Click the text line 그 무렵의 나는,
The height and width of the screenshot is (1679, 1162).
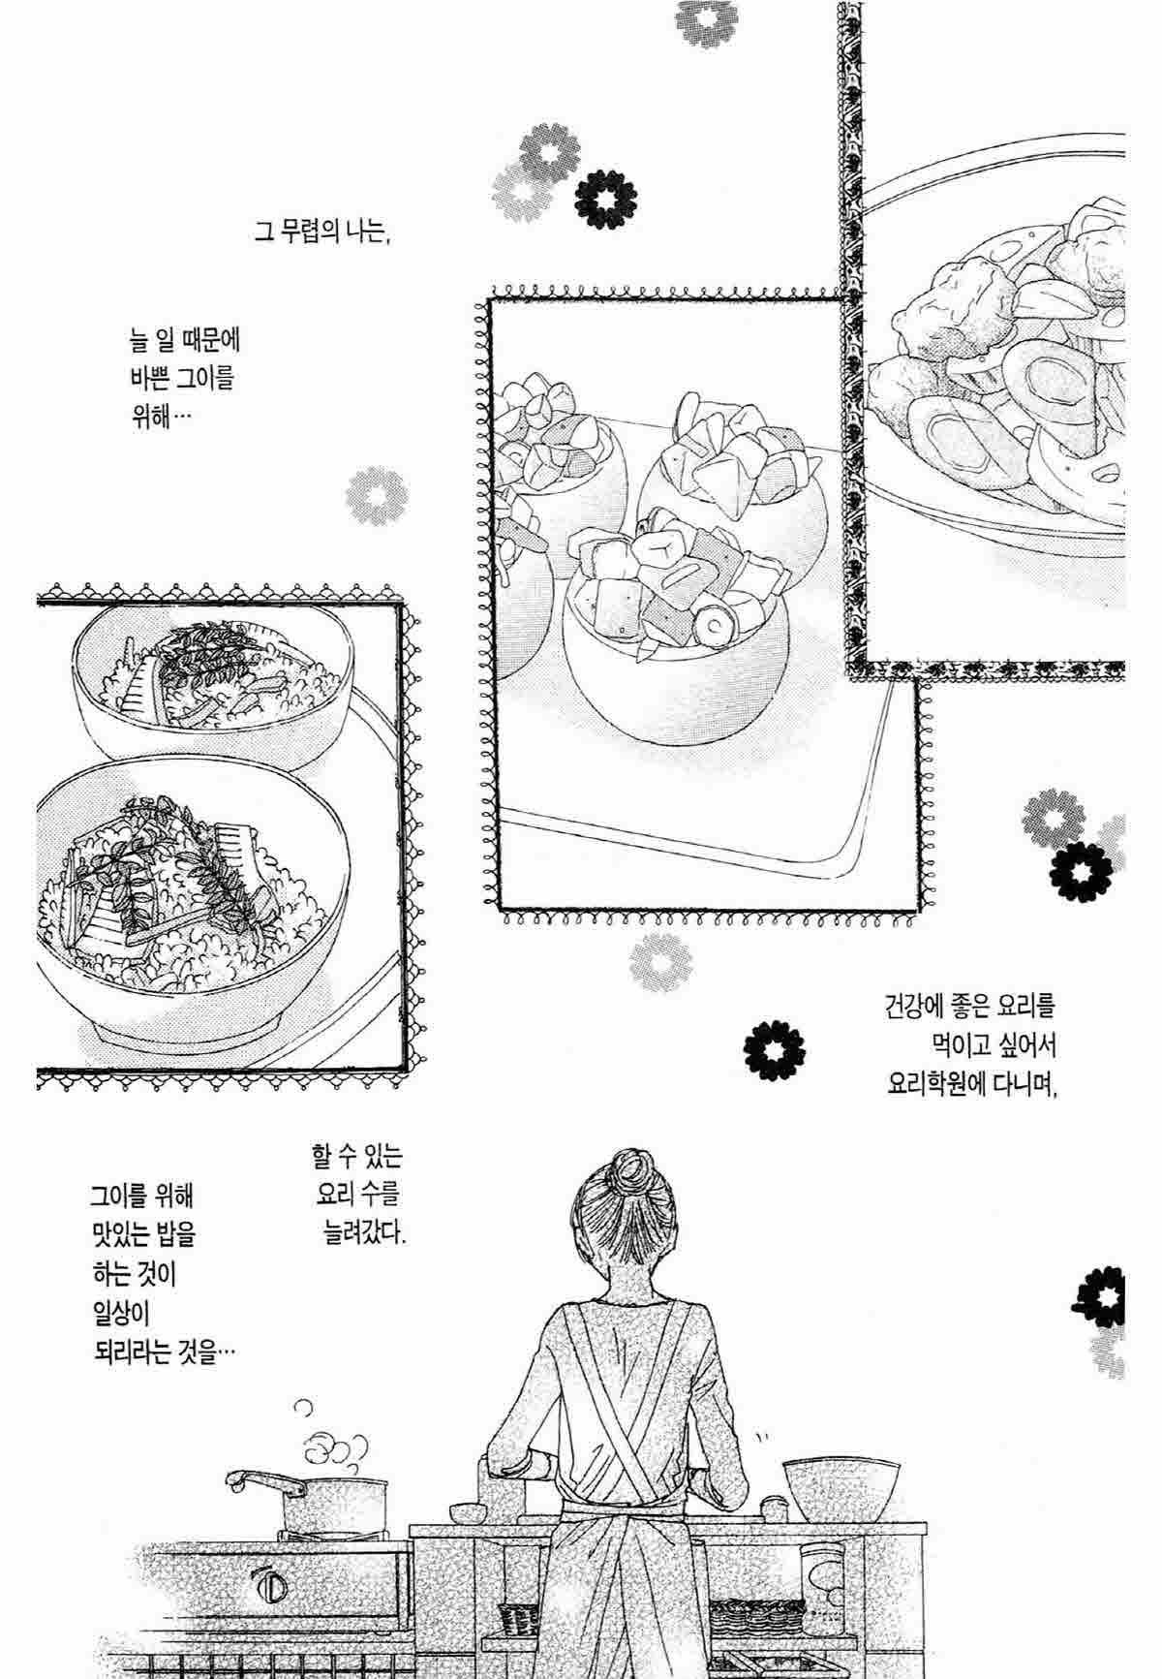tap(321, 233)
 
